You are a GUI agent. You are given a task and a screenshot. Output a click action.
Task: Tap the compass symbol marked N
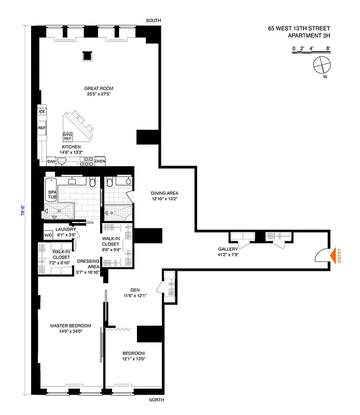click(x=322, y=65)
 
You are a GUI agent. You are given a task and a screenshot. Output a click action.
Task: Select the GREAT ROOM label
click(x=99, y=88)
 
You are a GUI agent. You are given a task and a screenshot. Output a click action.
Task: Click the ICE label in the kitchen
click(x=41, y=112)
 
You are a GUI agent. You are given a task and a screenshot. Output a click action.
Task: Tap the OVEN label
click(x=100, y=161)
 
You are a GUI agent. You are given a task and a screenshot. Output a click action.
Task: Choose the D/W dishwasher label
click(x=51, y=161)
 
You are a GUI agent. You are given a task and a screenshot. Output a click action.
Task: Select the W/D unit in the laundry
click(x=48, y=234)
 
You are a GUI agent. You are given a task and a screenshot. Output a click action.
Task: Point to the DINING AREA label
click(x=164, y=193)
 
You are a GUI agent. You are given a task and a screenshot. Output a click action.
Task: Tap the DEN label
click(x=136, y=290)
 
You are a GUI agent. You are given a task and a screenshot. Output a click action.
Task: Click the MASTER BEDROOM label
click(x=71, y=326)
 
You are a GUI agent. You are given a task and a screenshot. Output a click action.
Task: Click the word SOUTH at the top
click(x=154, y=20)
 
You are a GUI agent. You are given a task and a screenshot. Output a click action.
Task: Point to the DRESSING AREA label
click(x=88, y=264)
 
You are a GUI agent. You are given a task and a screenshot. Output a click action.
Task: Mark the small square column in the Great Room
click(x=87, y=56)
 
